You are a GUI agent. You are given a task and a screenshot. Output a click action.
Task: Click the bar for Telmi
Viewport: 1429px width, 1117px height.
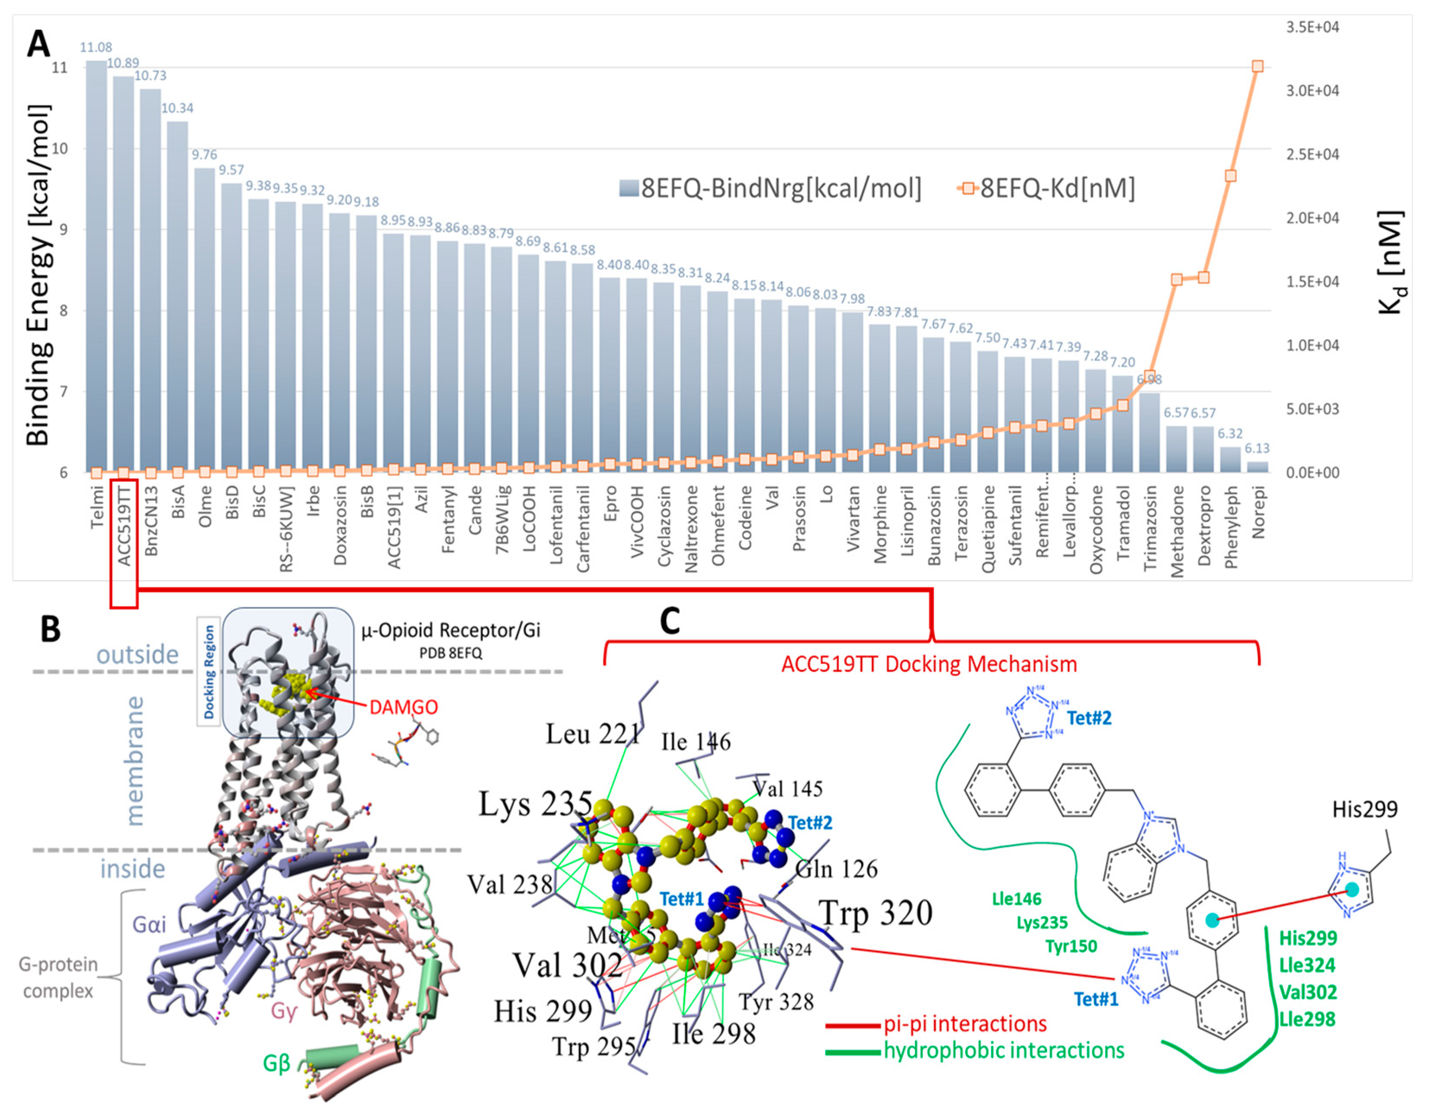[96, 262]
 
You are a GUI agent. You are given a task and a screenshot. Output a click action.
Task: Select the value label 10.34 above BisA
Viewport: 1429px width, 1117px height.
[177, 108]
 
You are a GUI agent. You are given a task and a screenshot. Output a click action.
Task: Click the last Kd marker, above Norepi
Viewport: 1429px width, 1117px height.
[1257, 66]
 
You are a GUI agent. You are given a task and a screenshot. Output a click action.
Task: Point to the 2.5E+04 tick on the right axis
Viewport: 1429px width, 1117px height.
[1312, 155]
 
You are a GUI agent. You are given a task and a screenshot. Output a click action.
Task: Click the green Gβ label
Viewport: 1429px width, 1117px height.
[276, 1063]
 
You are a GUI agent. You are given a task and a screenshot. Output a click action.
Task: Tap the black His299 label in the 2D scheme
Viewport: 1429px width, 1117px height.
[1364, 809]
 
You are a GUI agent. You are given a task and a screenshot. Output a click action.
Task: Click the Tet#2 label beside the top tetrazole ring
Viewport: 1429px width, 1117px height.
[1089, 718]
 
